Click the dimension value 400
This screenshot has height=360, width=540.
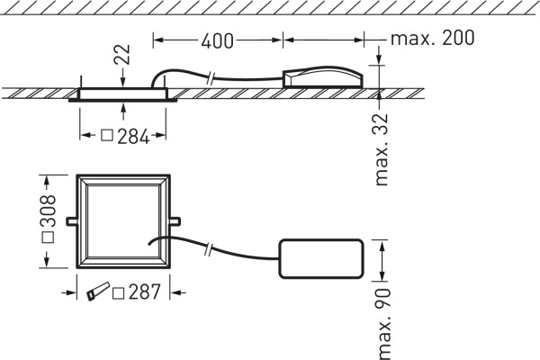(217, 40)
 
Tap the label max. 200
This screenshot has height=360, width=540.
(433, 38)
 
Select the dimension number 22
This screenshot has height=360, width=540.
(122, 54)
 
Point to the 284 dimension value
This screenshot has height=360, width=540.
(133, 137)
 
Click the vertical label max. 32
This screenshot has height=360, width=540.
(382, 149)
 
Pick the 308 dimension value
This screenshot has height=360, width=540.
(48, 211)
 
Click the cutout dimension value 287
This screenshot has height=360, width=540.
(144, 292)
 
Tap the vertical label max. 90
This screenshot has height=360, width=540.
(382, 324)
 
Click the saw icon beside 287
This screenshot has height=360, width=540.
(98, 292)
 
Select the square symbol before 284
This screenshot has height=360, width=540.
(107, 135)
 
